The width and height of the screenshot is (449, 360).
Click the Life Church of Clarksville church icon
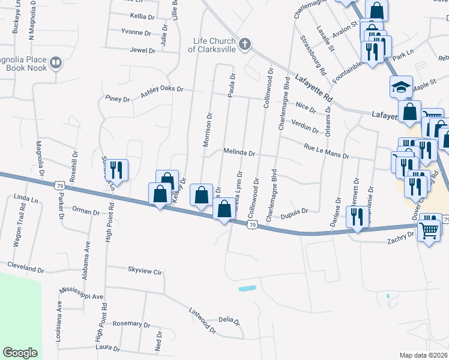[244, 44]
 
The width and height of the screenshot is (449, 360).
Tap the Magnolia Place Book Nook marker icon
[56, 62]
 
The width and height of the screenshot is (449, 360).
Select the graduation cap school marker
[401, 88]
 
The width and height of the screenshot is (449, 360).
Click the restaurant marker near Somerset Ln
[116, 170]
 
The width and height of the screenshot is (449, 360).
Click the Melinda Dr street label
[240, 153]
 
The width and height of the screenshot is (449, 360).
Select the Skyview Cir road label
[145, 272]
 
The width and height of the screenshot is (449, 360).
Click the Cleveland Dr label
[25, 266]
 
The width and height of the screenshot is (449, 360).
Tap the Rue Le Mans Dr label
[326, 151]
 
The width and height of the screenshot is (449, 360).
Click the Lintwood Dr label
[202, 319]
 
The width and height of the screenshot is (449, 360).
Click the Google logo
[20, 353]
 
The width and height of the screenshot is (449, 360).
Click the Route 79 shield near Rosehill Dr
[59, 187]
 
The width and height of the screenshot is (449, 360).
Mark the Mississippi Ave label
[82, 293]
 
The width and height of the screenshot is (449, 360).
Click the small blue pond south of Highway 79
[247, 289]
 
